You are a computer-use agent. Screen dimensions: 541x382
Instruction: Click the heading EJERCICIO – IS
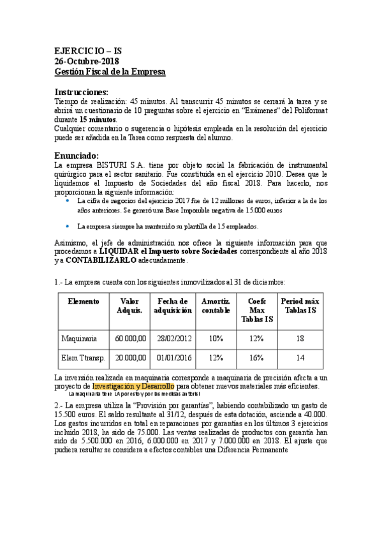[x=88, y=50]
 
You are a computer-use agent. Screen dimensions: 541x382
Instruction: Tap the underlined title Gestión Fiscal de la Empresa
[x=110, y=71]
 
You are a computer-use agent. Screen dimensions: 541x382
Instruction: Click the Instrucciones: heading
[x=81, y=91]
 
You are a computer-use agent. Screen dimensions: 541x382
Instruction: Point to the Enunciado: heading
[x=77, y=154]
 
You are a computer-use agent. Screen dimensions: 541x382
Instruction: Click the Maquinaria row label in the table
[x=80, y=338]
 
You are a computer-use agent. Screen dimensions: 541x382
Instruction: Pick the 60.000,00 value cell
[x=131, y=338]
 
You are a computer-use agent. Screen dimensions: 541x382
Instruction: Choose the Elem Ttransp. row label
[x=84, y=358]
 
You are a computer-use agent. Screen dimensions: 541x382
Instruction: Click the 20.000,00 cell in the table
[x=131, y=358]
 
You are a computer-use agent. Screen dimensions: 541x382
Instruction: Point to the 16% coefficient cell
[x=256, y=358]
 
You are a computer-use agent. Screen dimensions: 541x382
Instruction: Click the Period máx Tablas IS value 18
[x=300, y=338]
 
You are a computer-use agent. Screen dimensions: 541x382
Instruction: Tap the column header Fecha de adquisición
[x=172, y=306]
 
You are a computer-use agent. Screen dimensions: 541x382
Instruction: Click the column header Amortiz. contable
[x=216, y=306]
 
